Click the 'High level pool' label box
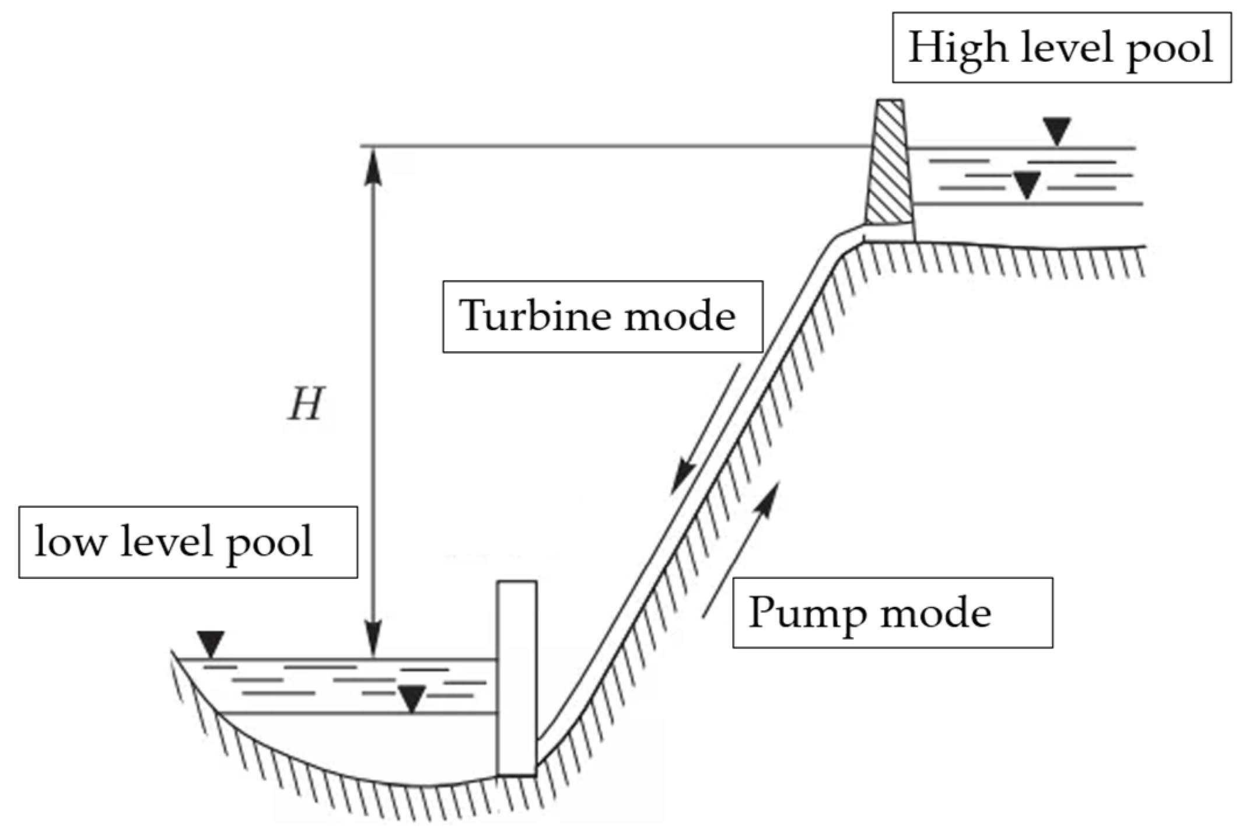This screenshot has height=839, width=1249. tap(1061, 48)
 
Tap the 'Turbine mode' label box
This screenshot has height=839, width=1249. tap(603, 317)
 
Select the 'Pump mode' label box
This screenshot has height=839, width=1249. tap(892, 613)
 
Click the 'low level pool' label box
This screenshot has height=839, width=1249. tap(188, 542)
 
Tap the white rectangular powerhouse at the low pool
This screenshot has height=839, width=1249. tap(516, 677)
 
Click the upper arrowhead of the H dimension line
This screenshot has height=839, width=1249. tap(373, 166)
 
